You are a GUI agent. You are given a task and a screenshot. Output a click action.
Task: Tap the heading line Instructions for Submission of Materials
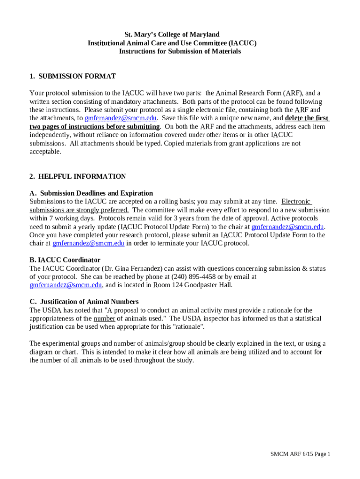[180, 51]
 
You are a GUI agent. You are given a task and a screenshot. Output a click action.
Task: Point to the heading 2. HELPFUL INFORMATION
[78, 176]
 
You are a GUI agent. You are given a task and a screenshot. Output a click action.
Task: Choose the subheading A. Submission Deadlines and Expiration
[91, 193]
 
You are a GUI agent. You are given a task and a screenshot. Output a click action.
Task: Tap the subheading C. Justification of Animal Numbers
[84, 302]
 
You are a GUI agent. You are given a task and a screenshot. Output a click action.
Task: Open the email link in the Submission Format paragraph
[121, 118]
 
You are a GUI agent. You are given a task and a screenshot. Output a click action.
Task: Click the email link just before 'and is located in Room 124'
[65, 285]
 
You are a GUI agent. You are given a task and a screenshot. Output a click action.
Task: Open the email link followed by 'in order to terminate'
[88, 243]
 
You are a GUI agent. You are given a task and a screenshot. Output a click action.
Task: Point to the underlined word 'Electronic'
[296, 202]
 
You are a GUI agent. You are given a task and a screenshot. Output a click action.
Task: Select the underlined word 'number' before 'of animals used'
[104, 319]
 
